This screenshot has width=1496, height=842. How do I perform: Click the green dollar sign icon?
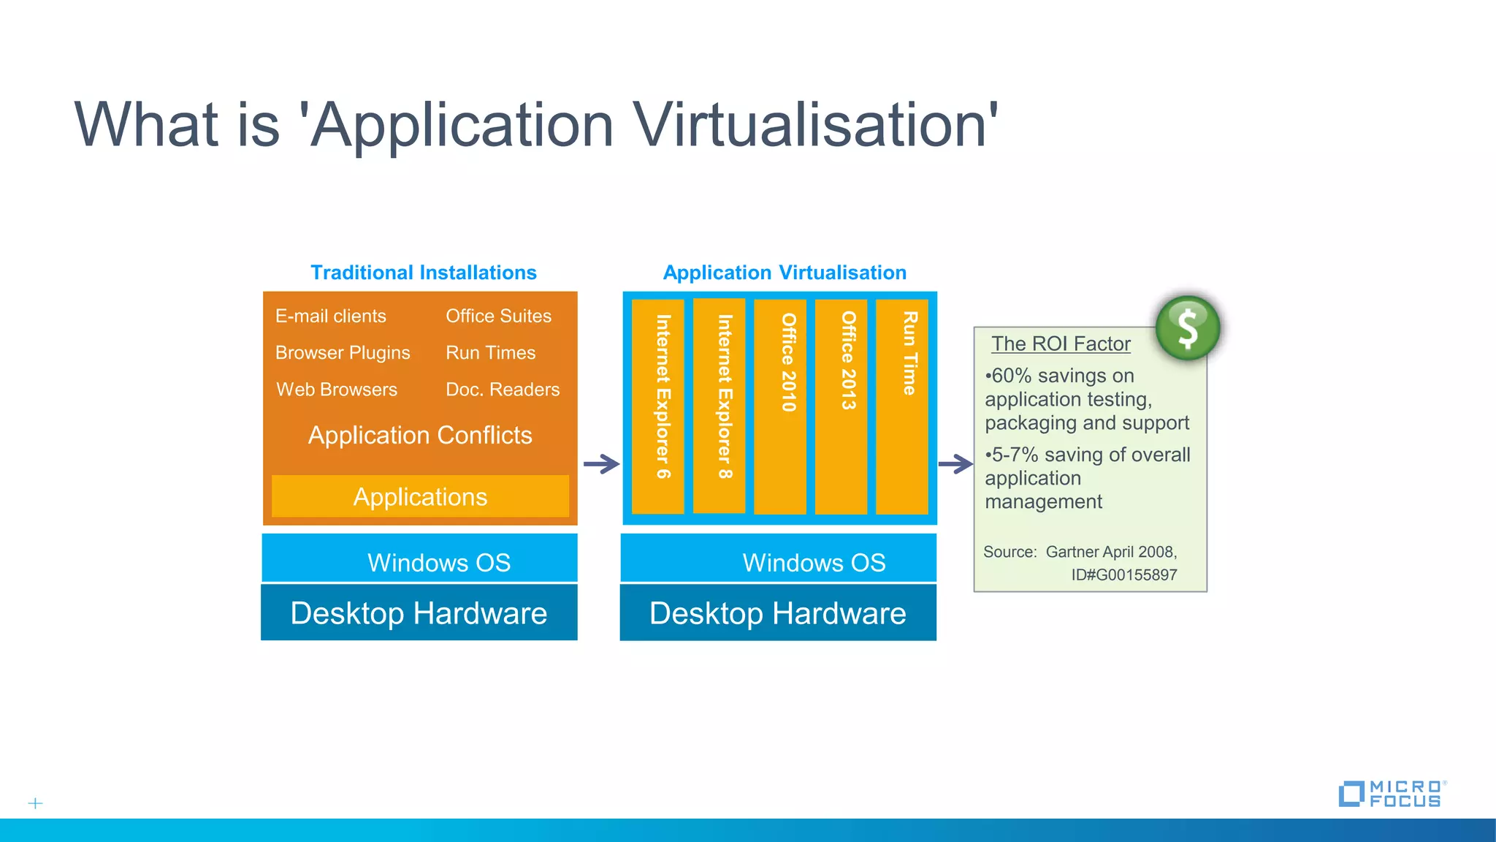[x=1188, y=328]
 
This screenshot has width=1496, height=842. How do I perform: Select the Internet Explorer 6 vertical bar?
[x=658, y=406]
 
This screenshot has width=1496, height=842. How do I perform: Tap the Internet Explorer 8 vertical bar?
[x=720, y=406]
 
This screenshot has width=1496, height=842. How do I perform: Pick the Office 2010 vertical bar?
[x=780, y=406]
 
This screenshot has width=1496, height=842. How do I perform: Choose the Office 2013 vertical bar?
[x=841, y=406]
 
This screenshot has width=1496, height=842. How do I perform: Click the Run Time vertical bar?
[x=902, y=406]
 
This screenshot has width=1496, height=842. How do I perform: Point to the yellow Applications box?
[x=420, y=497]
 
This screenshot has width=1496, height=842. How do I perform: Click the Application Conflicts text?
[x=420, y=436]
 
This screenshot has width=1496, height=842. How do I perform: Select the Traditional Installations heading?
[x=424, y=273]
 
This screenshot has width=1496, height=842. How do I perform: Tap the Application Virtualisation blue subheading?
[x=785, y=273]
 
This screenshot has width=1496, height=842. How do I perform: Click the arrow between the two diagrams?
[x=601, y=463]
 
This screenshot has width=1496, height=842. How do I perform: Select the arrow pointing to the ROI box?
[x=955, y=463]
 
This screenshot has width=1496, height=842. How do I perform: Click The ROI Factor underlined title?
[x=1061, y=344]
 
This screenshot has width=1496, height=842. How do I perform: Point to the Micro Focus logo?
[x=1390, y=794]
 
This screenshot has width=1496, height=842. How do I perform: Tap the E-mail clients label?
[x=331, y=316]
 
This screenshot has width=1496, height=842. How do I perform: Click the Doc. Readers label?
[x=503, y=390]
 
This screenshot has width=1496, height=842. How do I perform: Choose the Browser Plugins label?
[x=343, y=353]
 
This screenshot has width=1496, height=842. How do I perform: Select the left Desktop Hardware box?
[x=419, y=613]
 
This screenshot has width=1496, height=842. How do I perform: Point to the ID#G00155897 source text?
[x=1123, y=574]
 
